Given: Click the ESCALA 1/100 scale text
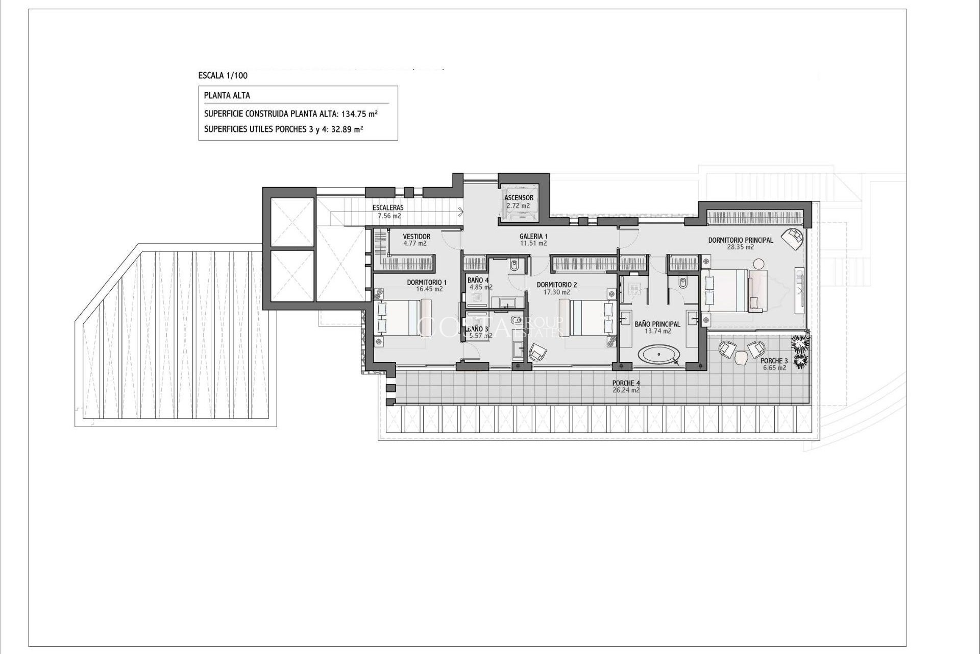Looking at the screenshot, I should (x=223, y=76).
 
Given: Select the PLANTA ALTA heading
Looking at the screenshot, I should (x=227, y=96).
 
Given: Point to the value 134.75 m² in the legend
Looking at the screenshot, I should (x=360, y=114).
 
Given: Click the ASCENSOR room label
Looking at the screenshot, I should (x=519, y=198).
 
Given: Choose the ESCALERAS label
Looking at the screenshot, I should (x=388, y=208).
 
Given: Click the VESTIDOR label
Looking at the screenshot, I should (x=416, y=237).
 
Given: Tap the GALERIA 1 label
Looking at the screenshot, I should (x=533, y=237).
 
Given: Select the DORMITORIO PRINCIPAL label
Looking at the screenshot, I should (x=740, y=240).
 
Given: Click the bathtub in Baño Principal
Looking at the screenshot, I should (x=660, y=354).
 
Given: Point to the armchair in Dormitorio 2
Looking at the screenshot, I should (x=537, y=352).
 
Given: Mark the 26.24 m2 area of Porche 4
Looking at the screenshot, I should (x=626, y=390).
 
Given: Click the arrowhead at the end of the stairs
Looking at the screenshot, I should (x=461, y=209).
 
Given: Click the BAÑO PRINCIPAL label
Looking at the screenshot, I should (x=657, y=324).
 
